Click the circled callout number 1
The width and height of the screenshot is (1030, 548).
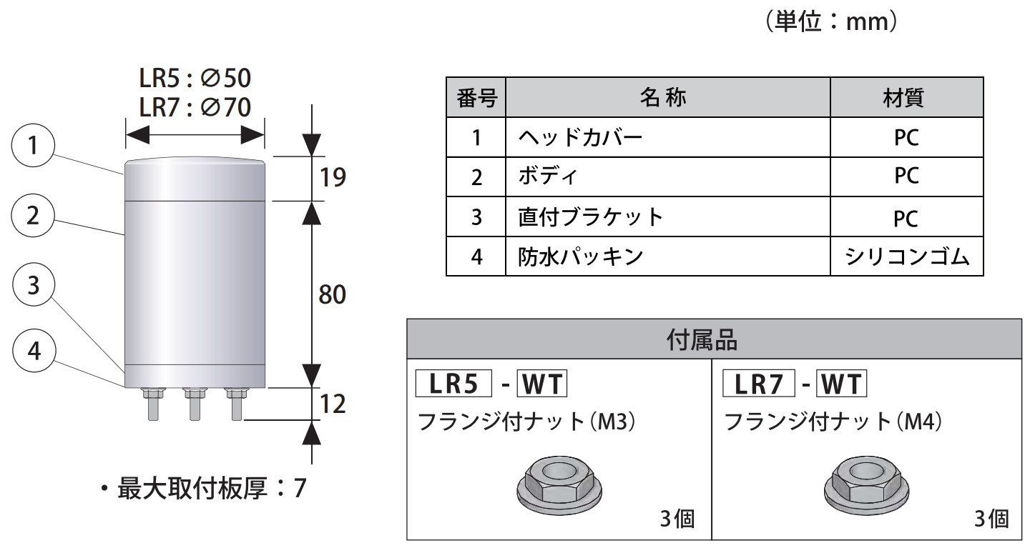coord(33,146)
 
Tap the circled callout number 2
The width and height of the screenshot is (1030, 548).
coord(33,215)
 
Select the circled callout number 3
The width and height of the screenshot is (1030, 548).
coord(33,284)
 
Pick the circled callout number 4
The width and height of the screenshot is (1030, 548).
coord(33,351)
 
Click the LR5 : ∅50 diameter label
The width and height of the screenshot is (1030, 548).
coord(195,78)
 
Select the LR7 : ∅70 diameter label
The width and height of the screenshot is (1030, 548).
coord(195,107)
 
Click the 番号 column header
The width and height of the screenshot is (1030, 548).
coord(476,97)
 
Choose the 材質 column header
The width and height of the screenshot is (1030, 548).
coord(906,97)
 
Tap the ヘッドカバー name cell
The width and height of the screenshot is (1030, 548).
coord(580,136)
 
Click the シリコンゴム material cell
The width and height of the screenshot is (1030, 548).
coord(907,256)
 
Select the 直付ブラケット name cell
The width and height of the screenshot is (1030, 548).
coord(591,216)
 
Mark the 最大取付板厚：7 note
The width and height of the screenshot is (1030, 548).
coord(203,489)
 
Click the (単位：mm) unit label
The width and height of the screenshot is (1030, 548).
coord(831,22)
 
